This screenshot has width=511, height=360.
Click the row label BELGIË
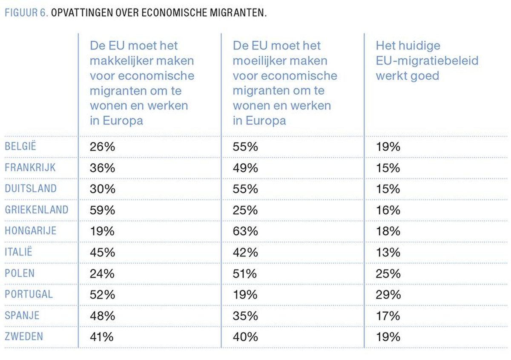tap(20, 146)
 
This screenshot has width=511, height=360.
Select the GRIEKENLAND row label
tap(36, 210)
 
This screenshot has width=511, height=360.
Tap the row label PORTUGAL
tap(29, 294)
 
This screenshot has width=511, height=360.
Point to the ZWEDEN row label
tap(24, 337)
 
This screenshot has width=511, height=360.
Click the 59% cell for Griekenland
tap(102, 210)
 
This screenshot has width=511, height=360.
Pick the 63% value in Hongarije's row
tap(245, 231)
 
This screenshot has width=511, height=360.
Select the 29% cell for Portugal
tap(388, 295)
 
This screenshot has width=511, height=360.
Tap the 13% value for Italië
tap(388, 253)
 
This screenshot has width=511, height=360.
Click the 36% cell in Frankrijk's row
tap(102, 168)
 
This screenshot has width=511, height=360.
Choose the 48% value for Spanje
tap(102, 316)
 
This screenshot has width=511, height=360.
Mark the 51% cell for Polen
tap(245, 274)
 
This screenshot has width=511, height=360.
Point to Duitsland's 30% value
tap(102, 189)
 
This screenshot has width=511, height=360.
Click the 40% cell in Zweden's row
tap(245, 337)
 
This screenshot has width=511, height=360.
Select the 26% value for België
tap(102, 147)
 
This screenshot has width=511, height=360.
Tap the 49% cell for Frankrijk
tap(245, 168)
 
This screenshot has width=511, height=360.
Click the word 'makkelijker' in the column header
tap(121, 60)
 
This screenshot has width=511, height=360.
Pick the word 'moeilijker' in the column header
tap(261, 60)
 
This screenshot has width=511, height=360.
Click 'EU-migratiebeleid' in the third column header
tap(427, 60)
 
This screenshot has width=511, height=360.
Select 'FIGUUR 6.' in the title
tap(26, 12)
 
